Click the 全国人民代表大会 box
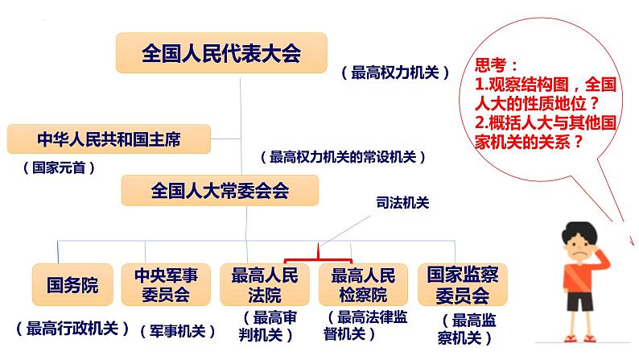coord(221,53)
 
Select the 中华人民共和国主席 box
coord(109,139)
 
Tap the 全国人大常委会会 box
coord(220,192)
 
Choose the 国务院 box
coord(72,284)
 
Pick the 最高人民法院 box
coord(264,284)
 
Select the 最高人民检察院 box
coord(364,284)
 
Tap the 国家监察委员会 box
coord(458,284)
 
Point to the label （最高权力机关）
coord(395,72)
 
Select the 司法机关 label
coord(402,203)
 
